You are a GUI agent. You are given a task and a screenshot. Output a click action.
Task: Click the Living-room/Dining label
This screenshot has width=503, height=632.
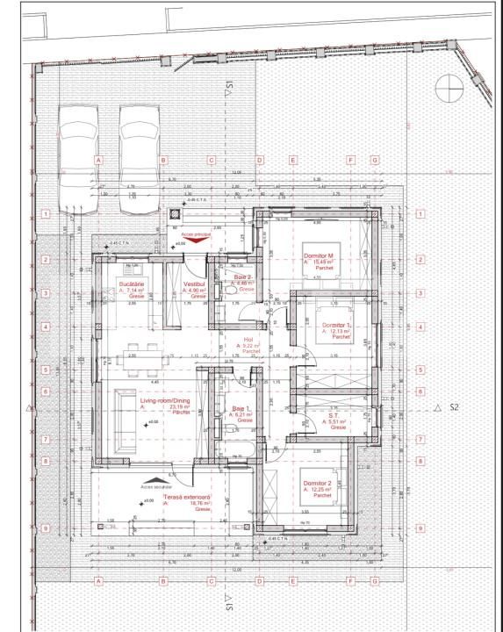(158, 401)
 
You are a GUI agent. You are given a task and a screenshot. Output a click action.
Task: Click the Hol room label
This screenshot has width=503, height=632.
(248, 340)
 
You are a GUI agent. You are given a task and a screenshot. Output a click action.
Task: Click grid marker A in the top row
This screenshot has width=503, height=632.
(98, 161)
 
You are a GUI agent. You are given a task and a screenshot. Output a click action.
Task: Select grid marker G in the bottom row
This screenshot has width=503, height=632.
(374, 581)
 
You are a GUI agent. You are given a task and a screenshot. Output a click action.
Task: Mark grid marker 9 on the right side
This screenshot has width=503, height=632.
(420, 528)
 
